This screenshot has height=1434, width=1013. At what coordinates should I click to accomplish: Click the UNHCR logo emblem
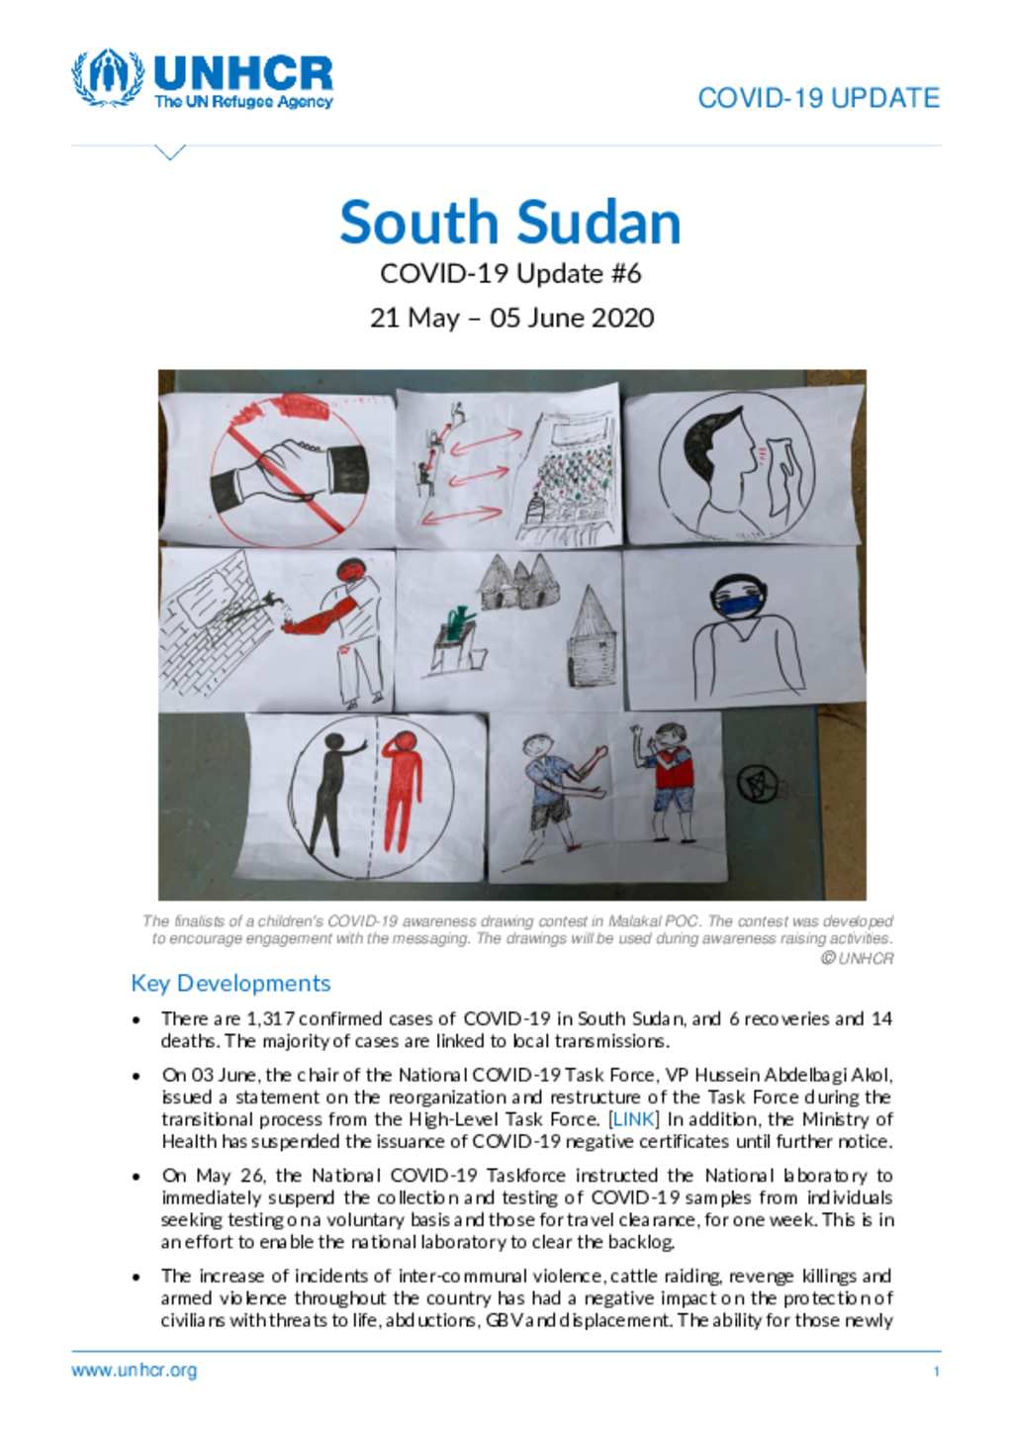click(108, 77)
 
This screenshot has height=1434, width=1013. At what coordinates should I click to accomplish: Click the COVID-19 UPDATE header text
click(818, 98)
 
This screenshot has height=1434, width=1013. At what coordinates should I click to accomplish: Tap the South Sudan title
click(510, 222)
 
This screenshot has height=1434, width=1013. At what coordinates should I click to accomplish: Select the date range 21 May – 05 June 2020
click(511, 318)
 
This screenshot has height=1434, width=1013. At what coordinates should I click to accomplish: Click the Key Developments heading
click(230, 983)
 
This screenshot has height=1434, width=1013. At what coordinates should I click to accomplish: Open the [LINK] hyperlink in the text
click(634, 1119)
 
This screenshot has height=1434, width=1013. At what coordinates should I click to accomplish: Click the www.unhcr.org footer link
click(134, 1371)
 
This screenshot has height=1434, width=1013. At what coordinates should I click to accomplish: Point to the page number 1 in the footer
click(936, 1372)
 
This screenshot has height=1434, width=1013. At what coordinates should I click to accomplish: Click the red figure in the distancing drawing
click(402, 792)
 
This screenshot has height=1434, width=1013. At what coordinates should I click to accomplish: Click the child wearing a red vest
click(672, 772)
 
